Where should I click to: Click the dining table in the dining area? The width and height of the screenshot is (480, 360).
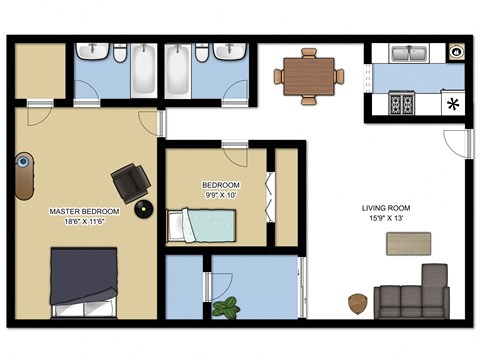[x=309, y=75]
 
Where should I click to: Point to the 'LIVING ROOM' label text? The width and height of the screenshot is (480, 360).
[x=386, y=208]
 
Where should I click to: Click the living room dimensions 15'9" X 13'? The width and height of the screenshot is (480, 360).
[x=386, y=219]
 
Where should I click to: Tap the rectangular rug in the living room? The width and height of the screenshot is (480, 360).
[x=408, y=243]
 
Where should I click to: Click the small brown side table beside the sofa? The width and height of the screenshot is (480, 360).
[x=356, y=302]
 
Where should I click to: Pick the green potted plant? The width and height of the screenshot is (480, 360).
[x=227, y=306]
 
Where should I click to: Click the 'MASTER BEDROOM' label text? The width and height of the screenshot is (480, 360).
[x=85, y=212]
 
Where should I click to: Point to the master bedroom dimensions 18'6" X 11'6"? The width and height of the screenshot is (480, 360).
[x=85, y=223]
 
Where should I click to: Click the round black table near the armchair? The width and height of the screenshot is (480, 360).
[x=146, y=209]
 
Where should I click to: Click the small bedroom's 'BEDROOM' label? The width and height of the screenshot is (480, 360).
[x=221, y=185]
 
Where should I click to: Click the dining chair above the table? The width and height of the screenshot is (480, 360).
[x=309, y=52]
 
